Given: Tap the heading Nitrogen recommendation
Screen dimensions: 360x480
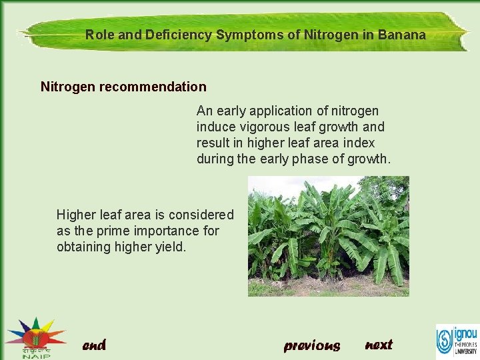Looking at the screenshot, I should (x=123, y=87).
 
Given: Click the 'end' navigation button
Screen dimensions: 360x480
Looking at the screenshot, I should (x=94, y=345).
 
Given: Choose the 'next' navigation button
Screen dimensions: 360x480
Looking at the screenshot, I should (x=379, y=345).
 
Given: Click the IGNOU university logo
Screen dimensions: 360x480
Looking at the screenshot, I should (x=457, y=340).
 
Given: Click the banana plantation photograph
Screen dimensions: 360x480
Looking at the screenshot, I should (x=328, y=236).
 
